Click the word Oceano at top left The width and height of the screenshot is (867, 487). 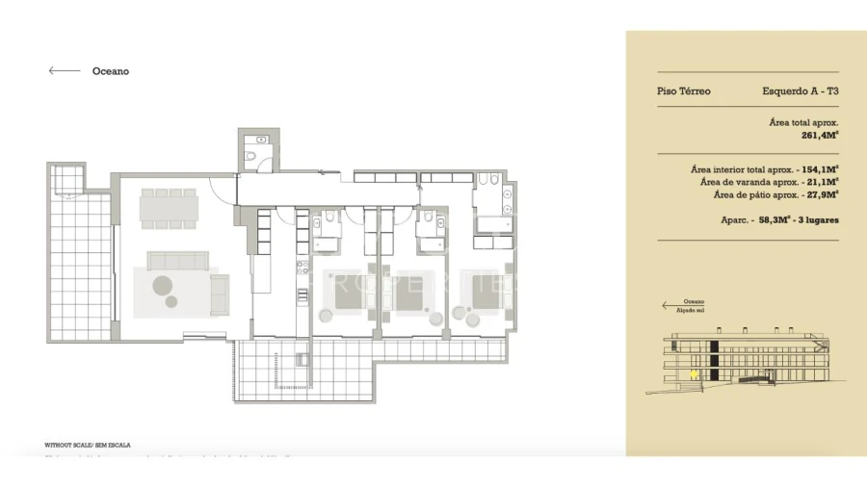(x=110, y=71)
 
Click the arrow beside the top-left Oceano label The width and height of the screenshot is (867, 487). (x=65, y=70)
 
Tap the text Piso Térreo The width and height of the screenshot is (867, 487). (x=684, y=91)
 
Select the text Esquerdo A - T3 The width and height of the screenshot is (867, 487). (x=800, y=91)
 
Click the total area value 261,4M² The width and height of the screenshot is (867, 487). (x=819, y=136)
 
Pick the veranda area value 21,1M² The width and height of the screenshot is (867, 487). (x=821, y=181)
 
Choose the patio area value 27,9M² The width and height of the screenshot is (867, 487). (x=821, y=194)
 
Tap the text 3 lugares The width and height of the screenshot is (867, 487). (x=819, y=220)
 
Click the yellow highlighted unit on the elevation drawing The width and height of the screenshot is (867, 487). (x=691, y=372)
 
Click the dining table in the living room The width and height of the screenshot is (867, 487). (x=170, y=208)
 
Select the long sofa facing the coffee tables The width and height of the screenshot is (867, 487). (x=178, y=260)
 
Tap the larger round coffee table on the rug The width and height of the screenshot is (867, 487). (x=162, y=286)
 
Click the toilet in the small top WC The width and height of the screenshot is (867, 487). (x=250, y=159)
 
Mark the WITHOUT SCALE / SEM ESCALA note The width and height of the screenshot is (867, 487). (x=88, y=446)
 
